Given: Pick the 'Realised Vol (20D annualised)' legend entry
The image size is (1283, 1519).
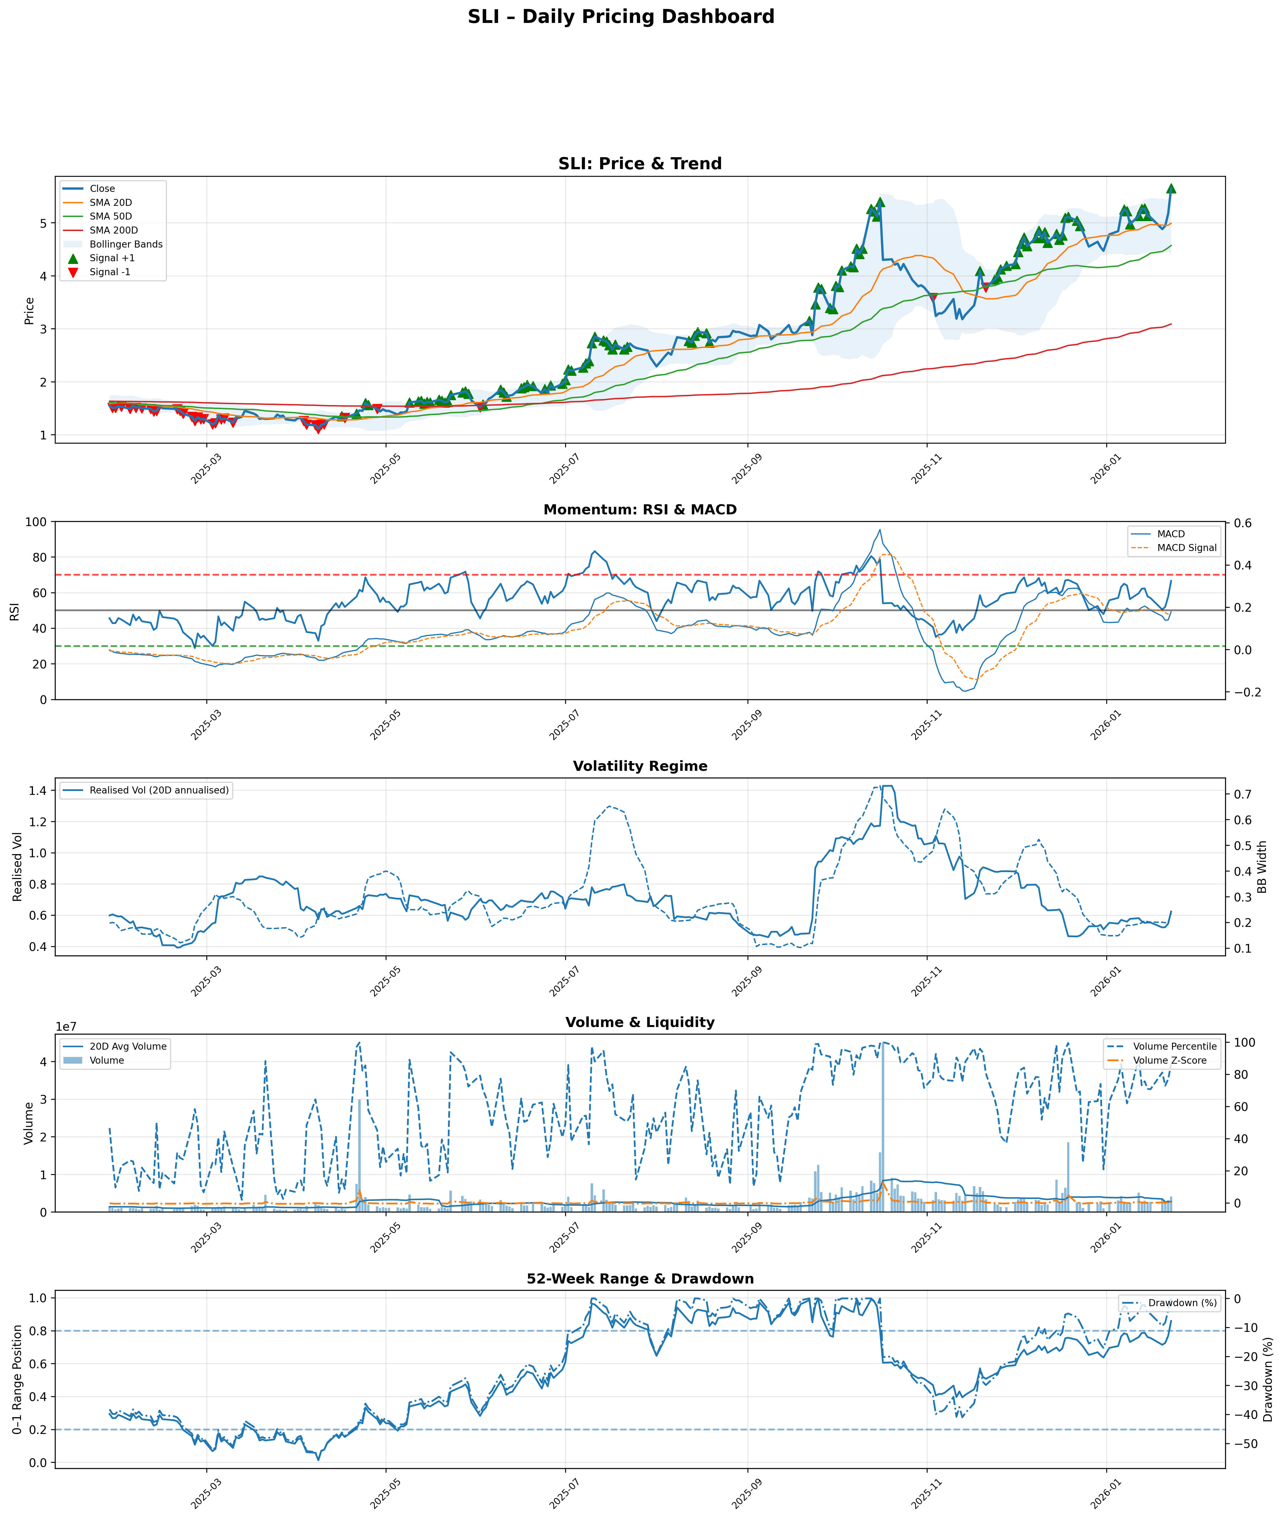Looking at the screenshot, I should pyautogui.click(x=159, y=790).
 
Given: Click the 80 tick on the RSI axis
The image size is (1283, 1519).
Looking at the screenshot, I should pyautogui.click(x=37, y=557).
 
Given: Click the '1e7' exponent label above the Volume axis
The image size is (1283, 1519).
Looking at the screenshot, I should pyautogui.click(x=66, y=1026).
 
